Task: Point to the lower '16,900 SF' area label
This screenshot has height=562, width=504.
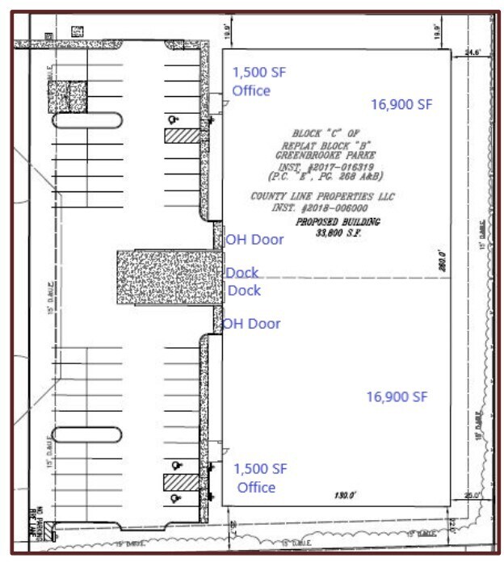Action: [397, 396]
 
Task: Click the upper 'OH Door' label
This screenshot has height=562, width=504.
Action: [254, 239]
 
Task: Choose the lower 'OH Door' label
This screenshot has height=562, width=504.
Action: [252, 324]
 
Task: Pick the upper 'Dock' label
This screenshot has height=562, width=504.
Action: [241, 274]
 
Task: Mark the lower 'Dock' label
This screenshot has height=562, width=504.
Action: [244, 290]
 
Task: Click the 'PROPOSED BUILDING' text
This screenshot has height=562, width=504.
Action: [337, 221]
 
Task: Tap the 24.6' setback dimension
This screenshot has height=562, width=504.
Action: [472, 52]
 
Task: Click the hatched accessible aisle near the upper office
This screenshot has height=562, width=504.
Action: [180, 136]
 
